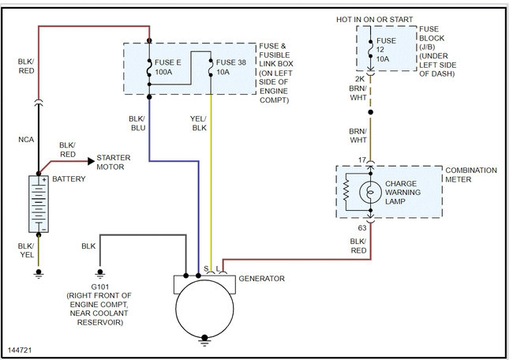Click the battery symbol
coord(39,204)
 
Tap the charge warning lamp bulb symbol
coord(370,192)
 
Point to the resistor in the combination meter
coord(346,192)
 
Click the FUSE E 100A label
coord(167,67)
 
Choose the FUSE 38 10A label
coord(231,67)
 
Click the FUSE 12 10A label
coord(386,50)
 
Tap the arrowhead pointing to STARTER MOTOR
coord(92,161)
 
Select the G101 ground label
coord(99,287)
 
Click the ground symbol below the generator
coord(204,339)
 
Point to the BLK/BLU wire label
coord(137,123)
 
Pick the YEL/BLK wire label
coord(199,123)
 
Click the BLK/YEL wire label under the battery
coord(26,250)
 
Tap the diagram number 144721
coord(20,351)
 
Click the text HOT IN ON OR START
coord(375,20)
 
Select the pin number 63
coord(362,228)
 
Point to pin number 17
coord(361,160)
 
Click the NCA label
coord(26,140)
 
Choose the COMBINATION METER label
coord(471,174)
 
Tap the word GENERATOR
coord(262,279)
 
